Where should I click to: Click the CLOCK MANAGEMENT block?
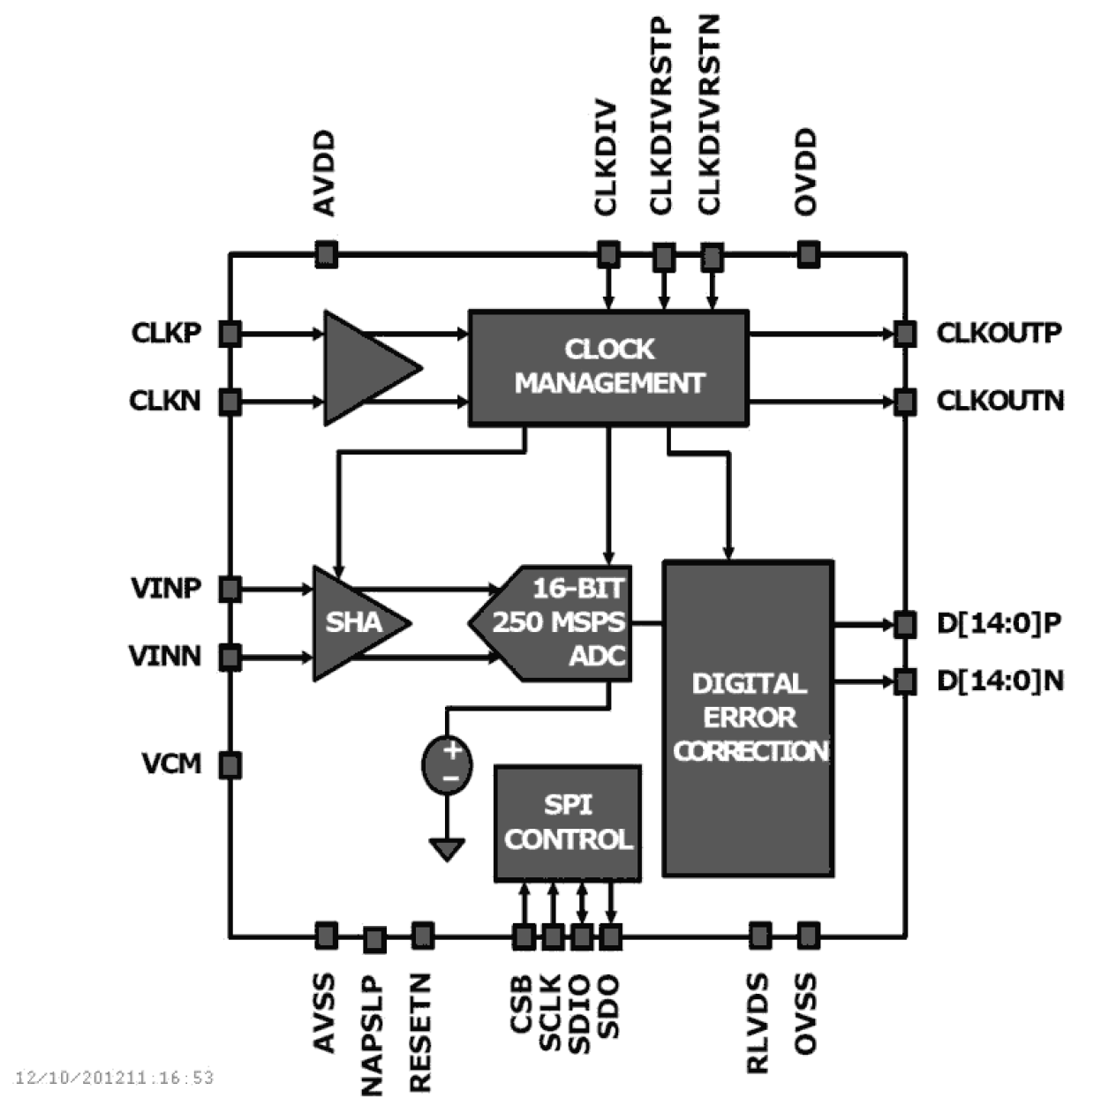(x=608, y=367)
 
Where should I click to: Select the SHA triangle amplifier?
(x=353, y=623)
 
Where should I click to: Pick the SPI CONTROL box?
(x=567, y=823)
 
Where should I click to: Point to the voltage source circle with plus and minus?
(x=447, y=764)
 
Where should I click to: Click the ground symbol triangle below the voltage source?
(x=447, y=849)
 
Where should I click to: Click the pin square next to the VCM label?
(x=230, y=764)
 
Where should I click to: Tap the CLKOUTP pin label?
(x=999, y=334)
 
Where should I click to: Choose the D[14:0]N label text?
(x=999, y=681)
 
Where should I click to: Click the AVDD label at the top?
(x=325, y=173)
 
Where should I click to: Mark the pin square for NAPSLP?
(x=374, y=940)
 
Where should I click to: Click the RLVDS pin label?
(x=758, y=1023)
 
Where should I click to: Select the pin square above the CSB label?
(x=524, y=936)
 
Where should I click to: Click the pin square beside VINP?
(x=230, y=589)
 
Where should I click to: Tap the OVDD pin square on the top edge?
(x=808, y=255)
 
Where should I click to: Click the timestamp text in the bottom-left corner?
(x=115, y=1078)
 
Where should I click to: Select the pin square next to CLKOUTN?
(x=903, y=402)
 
